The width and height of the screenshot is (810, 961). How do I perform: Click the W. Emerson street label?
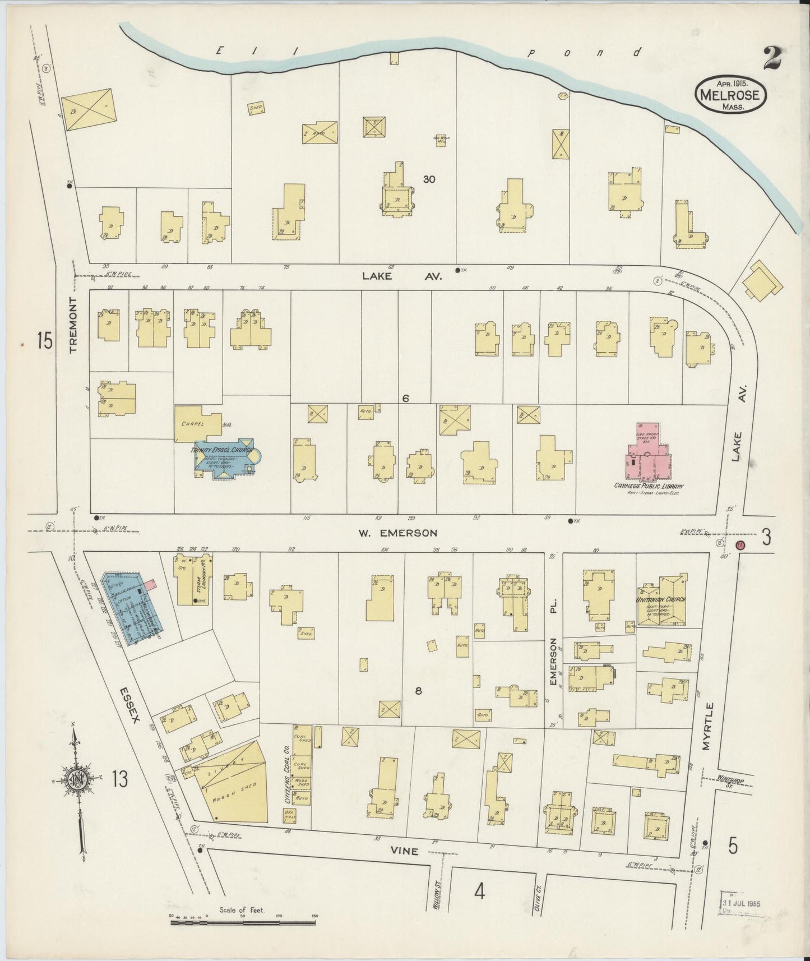coord(397,533)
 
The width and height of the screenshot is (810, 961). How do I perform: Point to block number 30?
coord(429,180)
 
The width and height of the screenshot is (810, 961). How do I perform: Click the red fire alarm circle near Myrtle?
coord(739,545)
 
